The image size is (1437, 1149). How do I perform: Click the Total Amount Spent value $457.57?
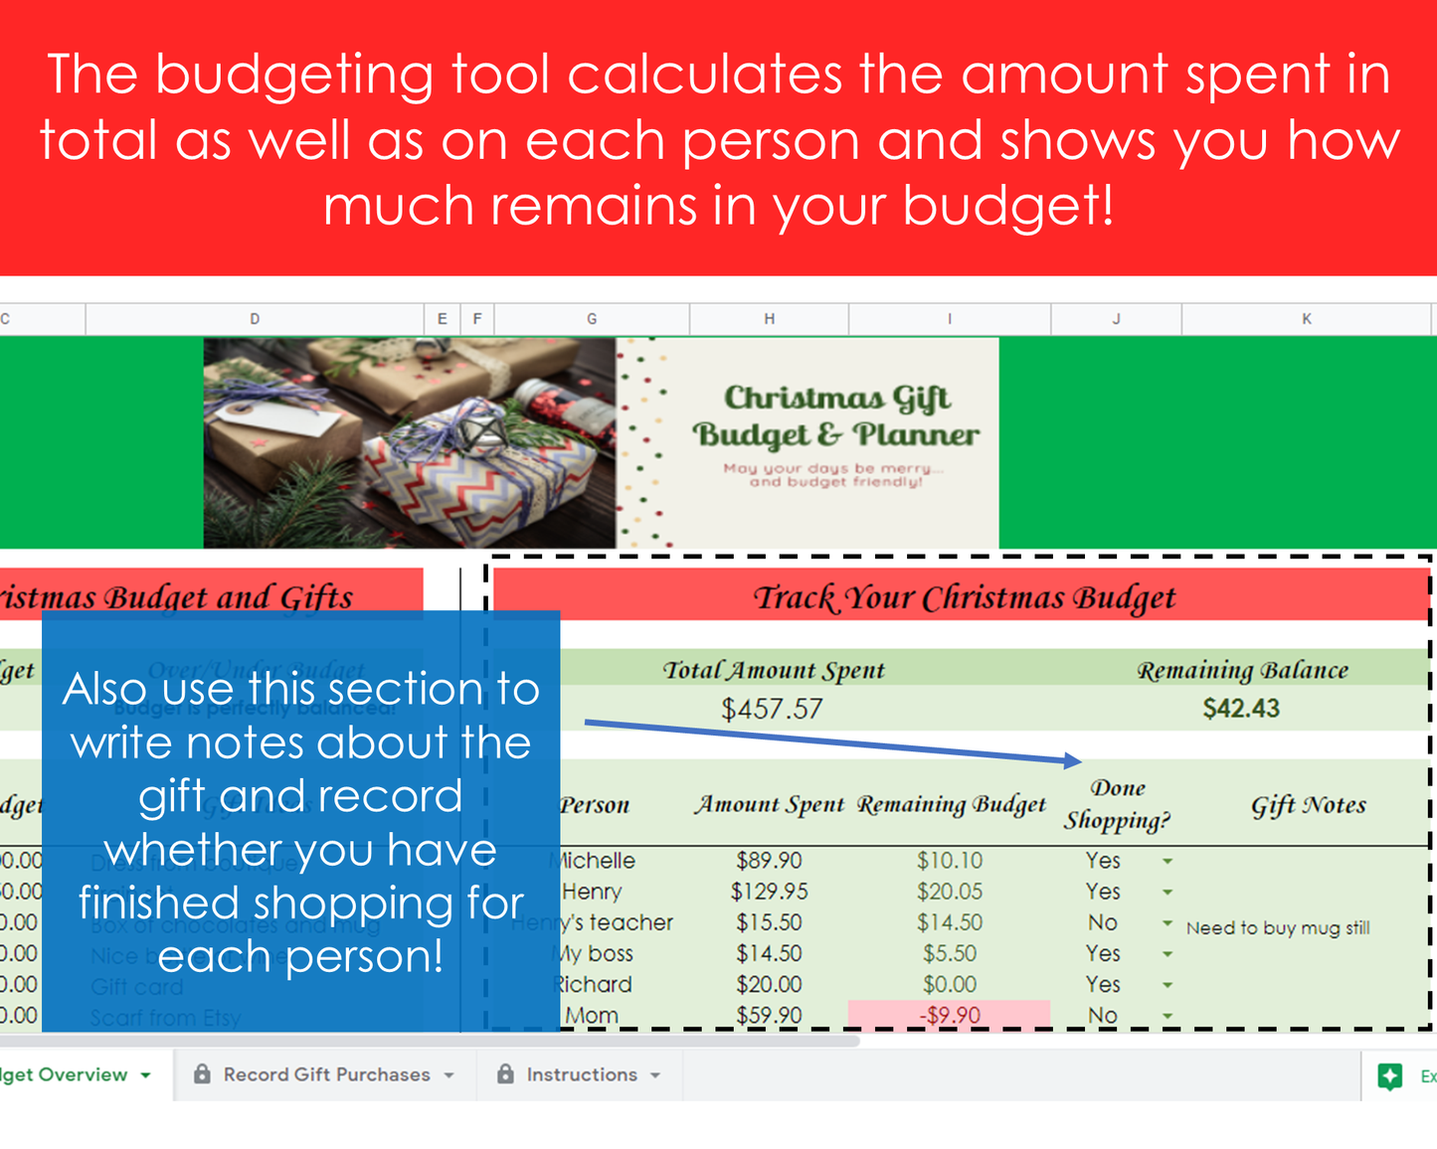coord(772,709)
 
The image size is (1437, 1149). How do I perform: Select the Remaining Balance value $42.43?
coord(1240,709)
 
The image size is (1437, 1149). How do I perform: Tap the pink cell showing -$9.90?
coord(949,1015)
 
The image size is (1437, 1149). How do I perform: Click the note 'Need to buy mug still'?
coord(1277,928)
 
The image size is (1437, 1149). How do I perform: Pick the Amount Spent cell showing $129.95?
coord(769,892)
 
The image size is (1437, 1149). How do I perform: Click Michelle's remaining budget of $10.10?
coord(949,861)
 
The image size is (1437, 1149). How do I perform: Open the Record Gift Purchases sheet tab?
coord(326,1074)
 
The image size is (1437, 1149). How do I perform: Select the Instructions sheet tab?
coord(582,1074)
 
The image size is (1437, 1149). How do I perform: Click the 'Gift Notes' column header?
coord(1308,805)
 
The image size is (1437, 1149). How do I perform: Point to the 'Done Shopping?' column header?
coord(1117,804)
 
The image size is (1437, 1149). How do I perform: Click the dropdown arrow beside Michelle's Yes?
coord(1168,862)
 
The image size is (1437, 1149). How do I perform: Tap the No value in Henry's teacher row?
coord(1102,922)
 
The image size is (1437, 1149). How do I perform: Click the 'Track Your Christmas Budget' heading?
coord(964,597)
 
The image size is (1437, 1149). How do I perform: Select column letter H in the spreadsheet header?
coord(769,319)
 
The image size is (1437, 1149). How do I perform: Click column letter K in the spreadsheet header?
coord(1306,319)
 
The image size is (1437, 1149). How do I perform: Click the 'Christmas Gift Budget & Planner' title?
coord(835,415)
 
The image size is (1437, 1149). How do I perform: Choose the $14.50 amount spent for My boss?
coord(769,953)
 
